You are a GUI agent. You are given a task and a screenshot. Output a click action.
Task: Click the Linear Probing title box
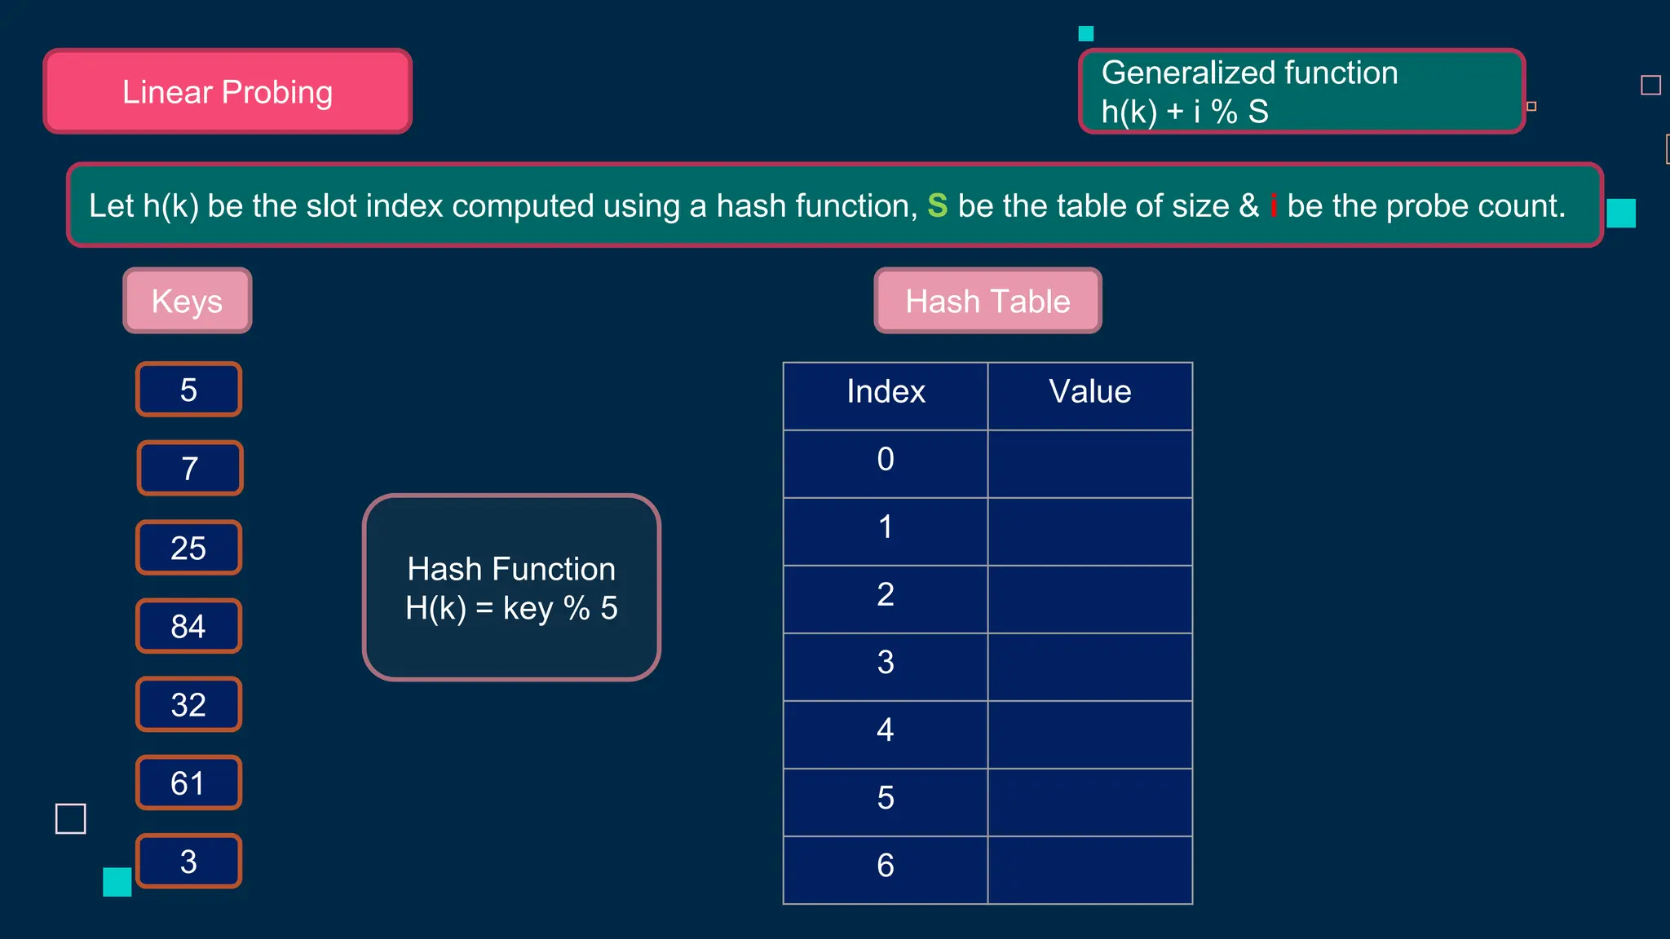tap(228, 91)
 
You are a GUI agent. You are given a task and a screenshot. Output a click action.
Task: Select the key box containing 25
tap(188, 548)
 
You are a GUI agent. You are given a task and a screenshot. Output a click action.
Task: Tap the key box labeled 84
tap(188, 626)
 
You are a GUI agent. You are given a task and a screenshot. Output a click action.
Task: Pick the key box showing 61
tap(188, 783)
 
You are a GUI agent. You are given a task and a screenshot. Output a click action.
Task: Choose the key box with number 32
tap(188, 705)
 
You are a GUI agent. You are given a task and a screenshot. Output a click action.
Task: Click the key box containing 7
tap(190, 469)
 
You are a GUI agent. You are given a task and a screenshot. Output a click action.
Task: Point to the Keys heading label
tap(188, 301)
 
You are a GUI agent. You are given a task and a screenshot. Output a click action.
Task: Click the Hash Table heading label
tap(987, 301)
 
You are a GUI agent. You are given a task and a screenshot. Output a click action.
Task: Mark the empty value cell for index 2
tap(1090, 599)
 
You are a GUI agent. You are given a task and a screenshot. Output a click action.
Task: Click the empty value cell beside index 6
tap(1090, 870)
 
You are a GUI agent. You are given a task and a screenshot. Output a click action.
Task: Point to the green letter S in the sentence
tap(938, 206)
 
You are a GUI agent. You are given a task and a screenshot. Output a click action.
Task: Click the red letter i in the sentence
tap(1273, 206)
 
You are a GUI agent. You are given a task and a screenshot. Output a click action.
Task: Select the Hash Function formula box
tap(511, 588)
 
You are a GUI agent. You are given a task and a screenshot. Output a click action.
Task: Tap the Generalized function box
tap(1301, 91)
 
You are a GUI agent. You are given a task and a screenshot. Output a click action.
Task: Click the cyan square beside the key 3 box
tap(117, 882)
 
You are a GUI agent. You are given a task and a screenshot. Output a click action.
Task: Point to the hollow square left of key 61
tap(71, 818)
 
